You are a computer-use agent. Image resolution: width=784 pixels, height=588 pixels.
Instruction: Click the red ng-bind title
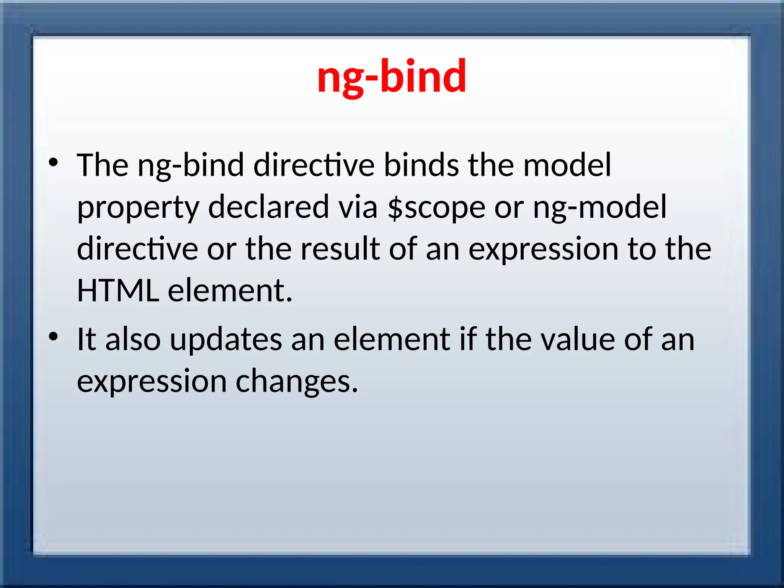392,76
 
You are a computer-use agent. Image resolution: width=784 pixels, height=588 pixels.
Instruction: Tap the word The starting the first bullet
103,165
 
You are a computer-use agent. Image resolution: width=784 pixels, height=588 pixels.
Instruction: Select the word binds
421,165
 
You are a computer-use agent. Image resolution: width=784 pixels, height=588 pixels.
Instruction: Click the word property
138,208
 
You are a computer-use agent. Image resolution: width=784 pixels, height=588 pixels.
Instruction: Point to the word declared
268,207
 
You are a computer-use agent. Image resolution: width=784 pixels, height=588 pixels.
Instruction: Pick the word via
358,207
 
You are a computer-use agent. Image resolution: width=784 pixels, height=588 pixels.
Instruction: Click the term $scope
436,208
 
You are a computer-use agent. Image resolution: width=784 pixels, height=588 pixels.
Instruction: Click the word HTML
118,291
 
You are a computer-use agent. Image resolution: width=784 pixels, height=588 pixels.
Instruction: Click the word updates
226,340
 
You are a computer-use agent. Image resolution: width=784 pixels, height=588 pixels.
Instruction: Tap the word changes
297,382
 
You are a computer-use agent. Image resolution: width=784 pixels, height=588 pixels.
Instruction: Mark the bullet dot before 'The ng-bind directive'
53,163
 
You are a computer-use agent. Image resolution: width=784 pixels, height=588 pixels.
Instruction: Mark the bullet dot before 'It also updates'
53,337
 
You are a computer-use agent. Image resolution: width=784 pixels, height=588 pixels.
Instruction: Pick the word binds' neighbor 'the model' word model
567,165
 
